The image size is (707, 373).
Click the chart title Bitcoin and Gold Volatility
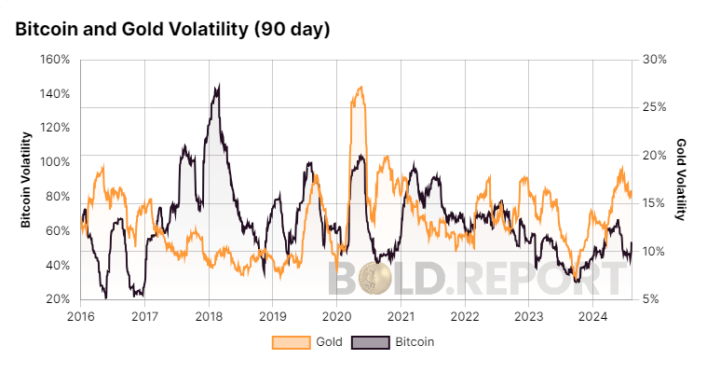(x=172, y=29)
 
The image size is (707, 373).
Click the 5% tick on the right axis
(x=652, y=299)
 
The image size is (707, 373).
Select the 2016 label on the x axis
(x=80, y=315)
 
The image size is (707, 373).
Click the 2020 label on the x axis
(x=336, y=315)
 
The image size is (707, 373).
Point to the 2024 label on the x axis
(x=592, y=315)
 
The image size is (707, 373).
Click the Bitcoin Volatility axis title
(x=27, y=180)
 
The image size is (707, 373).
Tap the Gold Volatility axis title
(x=681, y=180)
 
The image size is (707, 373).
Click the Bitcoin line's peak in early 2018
(x=218, y=86)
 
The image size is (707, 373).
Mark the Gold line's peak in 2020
(x=360, y=88)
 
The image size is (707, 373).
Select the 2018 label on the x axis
(x=209, y=315)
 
